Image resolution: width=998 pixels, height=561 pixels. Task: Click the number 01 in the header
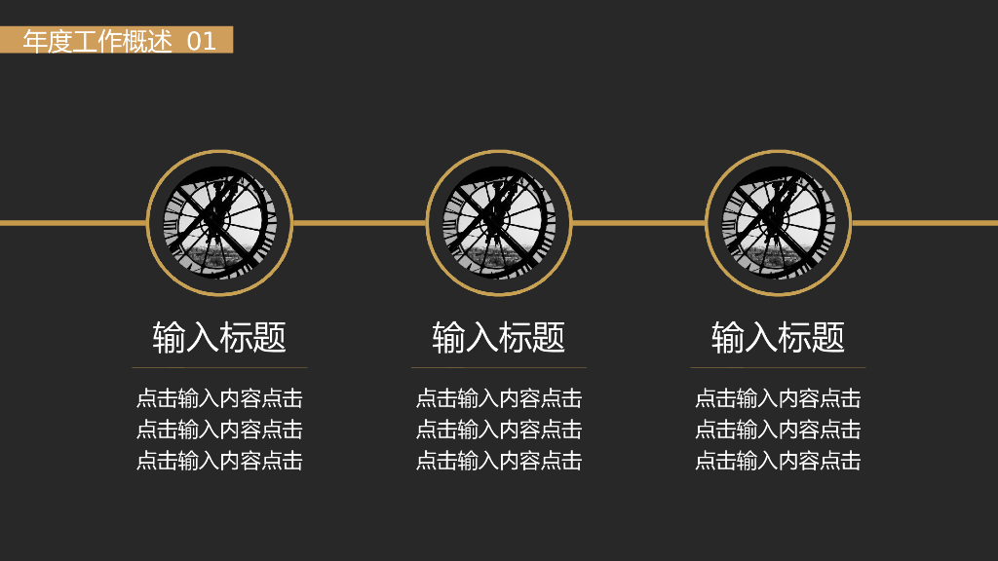click(x=202, y=41)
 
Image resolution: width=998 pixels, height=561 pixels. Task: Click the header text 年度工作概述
click(x=97, y=41)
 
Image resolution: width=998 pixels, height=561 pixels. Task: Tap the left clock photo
click(x=219, y=223)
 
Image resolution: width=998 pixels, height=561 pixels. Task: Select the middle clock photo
click(x=499, y=223)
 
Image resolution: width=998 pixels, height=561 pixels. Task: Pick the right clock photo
click(x=778, y=223)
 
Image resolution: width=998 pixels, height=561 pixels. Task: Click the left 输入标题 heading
click(x=219, y=337)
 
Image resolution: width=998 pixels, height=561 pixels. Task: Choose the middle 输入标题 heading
click(x=499, y=337)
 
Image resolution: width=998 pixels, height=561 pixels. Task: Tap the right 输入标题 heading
click(x=778, y=337)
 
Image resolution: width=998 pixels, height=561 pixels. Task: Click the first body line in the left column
click(x=219, y=398)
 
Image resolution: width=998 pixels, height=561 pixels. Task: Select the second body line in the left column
click(x=219, y=430)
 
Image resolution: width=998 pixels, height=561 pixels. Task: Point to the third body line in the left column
click(x=219, y=461)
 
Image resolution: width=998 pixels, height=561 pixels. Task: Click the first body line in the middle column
click(x=499, y=398)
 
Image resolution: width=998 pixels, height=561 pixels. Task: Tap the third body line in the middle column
click(x=499, y=461)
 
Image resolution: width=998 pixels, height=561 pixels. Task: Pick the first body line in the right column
click(x=778, y=398)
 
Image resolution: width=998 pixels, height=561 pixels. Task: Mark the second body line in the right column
click(x=778, y=430)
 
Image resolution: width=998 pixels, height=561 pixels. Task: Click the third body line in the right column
click(x=778, y=461)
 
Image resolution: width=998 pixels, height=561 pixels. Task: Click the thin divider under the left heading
click(x=219, y=367)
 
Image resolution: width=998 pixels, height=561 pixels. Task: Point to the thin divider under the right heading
click(x=778, y=367)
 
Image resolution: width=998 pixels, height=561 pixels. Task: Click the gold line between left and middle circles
click(x=359, y=223)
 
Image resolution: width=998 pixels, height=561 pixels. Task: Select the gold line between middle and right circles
click(x=638, y=223)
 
